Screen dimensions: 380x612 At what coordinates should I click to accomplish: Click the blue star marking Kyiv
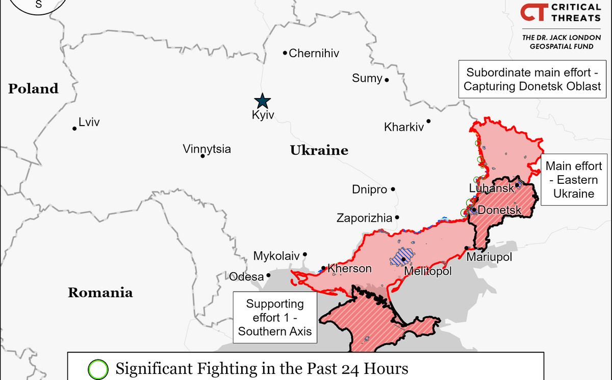(x=263, y=100)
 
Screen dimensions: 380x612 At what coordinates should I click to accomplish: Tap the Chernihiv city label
(x=314, y=53)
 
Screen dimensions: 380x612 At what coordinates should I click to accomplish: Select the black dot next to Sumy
(x=387, y=80)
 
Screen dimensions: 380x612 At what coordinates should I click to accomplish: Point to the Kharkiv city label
(x=404, y=127)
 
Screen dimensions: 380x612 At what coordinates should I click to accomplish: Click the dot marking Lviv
(x=74, y=128)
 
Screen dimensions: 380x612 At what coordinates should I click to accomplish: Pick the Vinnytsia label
(x=207, y=149)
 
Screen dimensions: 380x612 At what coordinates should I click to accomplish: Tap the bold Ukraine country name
(x=319, y=150)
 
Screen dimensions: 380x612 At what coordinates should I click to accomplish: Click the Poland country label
(x=33, y=88)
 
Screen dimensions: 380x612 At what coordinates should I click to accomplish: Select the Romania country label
(x=100, y=293)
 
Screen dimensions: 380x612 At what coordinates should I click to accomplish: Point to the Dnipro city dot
(x=393, y=189)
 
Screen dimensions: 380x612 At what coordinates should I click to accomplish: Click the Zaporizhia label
(x=364, y=219)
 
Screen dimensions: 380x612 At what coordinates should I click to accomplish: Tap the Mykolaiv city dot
(x=305, y=254)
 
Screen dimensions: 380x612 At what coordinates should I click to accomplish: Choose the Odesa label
(x=246, y=277)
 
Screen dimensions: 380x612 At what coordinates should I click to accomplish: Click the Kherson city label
(x=349, y=268)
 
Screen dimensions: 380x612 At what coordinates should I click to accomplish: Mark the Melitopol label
(x=427, y=272)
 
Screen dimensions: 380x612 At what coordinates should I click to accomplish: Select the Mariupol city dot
(x=466, y=248)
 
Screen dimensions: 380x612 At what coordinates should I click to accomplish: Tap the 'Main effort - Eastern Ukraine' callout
(x=574, y=180)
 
